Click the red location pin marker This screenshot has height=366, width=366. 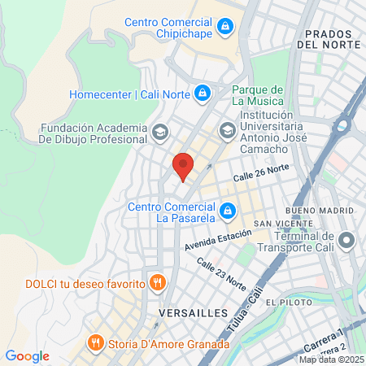(x=183, y=165)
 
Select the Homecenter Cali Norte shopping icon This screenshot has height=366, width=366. (x=202, y=94)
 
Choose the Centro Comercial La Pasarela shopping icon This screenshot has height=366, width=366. (x=229, y=211)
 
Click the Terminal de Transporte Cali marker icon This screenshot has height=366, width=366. (x=347, y=241)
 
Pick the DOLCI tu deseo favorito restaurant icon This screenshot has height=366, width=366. (x=158, y=283)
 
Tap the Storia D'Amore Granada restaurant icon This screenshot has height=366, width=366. (x=97, y=342)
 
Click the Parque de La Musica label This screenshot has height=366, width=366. (x=257, y=95)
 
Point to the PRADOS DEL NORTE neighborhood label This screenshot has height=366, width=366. (x=329, y=39)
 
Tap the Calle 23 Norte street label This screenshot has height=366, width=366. (x=221, y=273)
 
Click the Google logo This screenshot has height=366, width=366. (x=28, y=356)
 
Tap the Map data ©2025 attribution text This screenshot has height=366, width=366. (x=331, y=359)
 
